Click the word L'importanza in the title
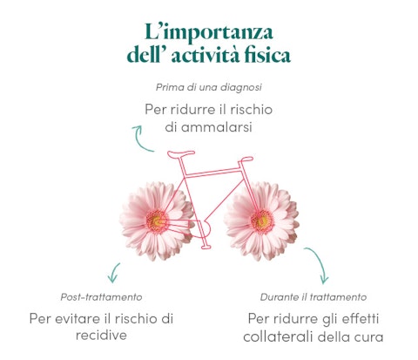coord(209,32)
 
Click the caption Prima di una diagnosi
coord(209,87)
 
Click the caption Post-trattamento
coord(101,297)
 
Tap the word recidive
coord(101,336)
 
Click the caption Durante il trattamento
coord(313,297)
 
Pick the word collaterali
coord(279,337)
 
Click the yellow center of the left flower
coord(157,222)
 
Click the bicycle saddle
coord(180,154)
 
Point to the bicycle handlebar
coord(246,160)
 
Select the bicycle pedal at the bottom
coord(206,247)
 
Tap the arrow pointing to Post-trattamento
coord(114,273)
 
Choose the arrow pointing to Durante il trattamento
coord(320,262)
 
